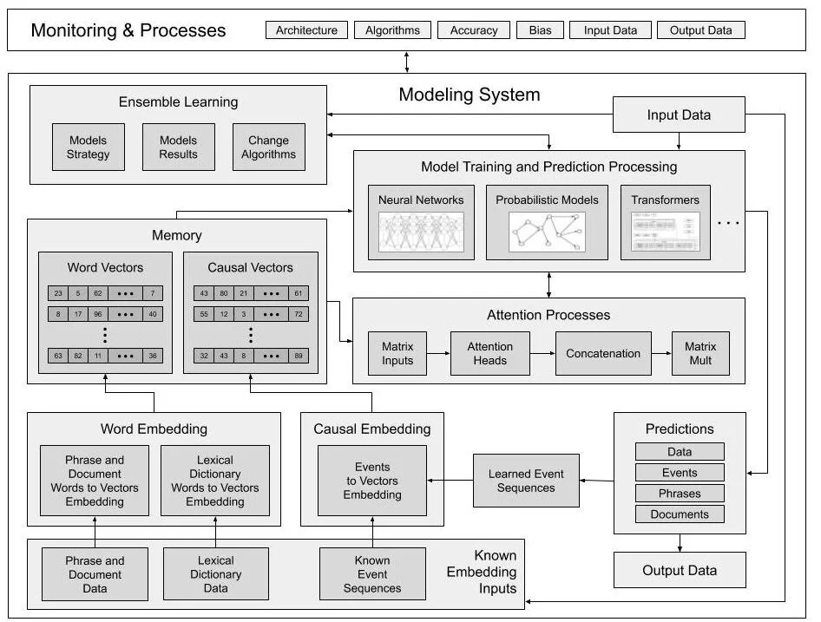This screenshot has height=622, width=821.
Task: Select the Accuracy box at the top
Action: pos(474,30)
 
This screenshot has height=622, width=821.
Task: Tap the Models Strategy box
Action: pos(89,147)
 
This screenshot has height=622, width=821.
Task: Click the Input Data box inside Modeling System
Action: pos(679,115)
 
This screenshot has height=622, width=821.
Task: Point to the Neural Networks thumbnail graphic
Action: pos(421,232)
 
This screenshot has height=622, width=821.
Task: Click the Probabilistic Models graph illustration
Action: pos(547,232)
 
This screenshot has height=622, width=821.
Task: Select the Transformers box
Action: pos(665,222)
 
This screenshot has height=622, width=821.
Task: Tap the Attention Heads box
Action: pos(490,353)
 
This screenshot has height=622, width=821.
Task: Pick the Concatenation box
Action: pos(603,353)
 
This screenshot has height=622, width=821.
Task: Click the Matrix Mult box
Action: pos(700,353)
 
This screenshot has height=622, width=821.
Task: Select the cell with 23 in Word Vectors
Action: pos(57,293)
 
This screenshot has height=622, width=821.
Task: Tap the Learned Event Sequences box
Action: pos(526,481)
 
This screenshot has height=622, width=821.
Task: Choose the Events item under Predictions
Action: pos(680,473)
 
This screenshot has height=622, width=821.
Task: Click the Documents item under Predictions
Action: pos(680,514)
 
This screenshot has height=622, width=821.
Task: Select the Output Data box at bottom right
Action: pos(680,570)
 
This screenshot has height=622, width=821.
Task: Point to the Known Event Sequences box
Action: pos(372,574)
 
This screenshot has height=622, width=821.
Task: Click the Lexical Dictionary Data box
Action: pos(215,574)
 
